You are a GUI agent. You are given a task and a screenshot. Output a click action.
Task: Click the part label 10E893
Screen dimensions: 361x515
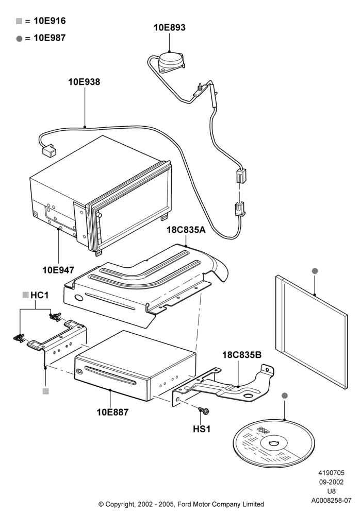point(169,28)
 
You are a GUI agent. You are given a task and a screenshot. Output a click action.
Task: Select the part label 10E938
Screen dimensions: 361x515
point(84,82)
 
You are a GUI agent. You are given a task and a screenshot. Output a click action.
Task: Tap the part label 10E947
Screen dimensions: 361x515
point(58,270)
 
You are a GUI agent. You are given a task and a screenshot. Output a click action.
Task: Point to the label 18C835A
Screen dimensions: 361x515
point(186,230)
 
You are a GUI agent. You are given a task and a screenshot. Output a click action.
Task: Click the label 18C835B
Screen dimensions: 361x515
point(242,355)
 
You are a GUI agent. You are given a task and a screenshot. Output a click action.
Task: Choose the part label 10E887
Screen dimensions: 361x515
point(112,412)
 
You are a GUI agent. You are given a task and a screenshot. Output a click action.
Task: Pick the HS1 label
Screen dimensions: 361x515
point(202,429)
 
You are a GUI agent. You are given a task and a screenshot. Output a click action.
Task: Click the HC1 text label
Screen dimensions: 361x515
point(40,295)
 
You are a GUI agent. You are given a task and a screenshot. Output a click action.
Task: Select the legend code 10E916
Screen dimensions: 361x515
point(50,21)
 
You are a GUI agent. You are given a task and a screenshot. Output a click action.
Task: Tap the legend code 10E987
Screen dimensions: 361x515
point(50,38)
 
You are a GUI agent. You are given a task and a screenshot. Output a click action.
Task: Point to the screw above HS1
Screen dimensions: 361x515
point(204,410)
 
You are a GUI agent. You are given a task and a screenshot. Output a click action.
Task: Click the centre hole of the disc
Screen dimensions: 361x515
point(274,444)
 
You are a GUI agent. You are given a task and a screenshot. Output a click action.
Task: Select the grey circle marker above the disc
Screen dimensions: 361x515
point(285,396)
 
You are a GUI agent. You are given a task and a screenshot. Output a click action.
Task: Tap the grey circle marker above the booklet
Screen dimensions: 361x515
point(315,271)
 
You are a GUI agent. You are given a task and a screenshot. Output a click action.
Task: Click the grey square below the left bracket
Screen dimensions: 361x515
point(46,391)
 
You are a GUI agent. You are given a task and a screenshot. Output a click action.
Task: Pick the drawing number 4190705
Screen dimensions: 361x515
point(331,473)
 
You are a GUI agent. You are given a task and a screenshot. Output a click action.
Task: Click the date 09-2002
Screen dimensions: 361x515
point(331,482)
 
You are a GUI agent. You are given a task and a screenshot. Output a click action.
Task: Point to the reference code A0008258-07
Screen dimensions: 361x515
point(331,501)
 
